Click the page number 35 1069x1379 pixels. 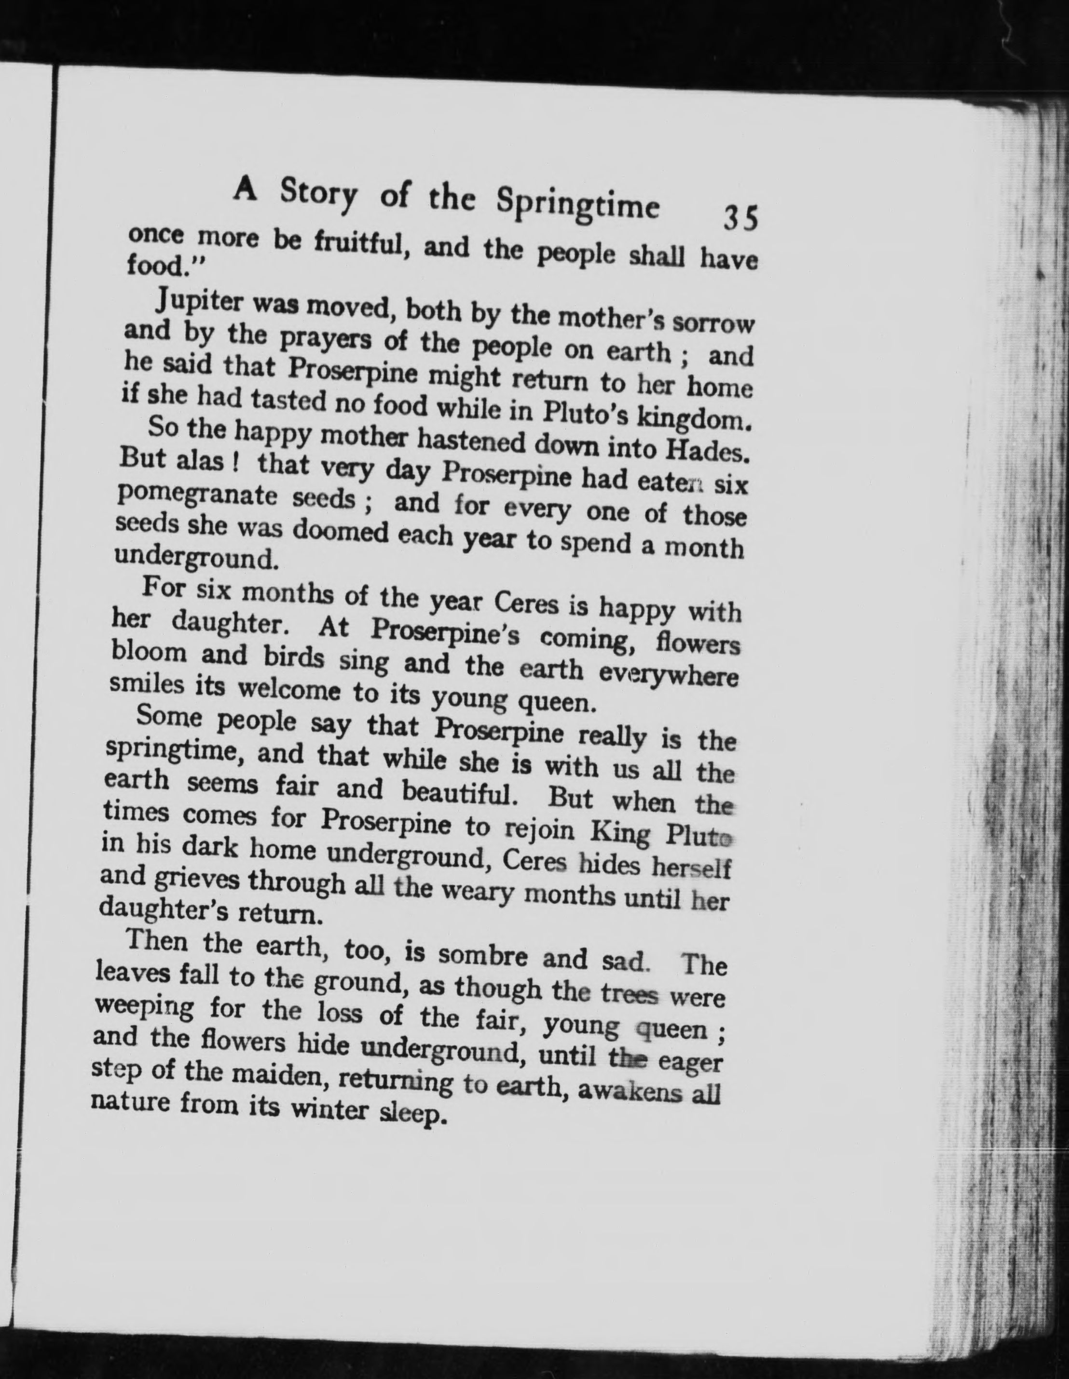(740, 218)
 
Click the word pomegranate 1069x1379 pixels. (197, 496)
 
